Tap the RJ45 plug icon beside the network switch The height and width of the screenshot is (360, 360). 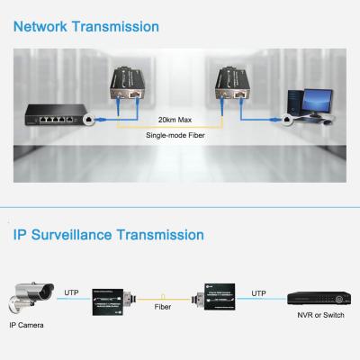[91, 119]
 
